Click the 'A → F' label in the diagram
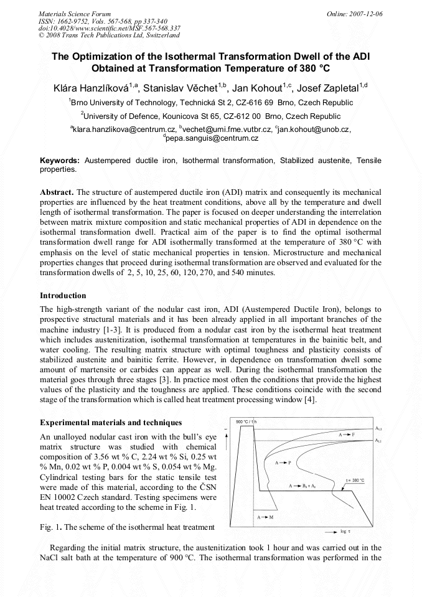coord(347,434)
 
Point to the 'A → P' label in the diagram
coord(283,463)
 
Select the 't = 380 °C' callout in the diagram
coord(355,481)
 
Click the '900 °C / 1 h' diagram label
coord(246,422)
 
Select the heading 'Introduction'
coord(63,295)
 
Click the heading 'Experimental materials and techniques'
coord(102,423)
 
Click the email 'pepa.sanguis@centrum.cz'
coord(212,138)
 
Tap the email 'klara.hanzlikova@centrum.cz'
coord(124,129)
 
